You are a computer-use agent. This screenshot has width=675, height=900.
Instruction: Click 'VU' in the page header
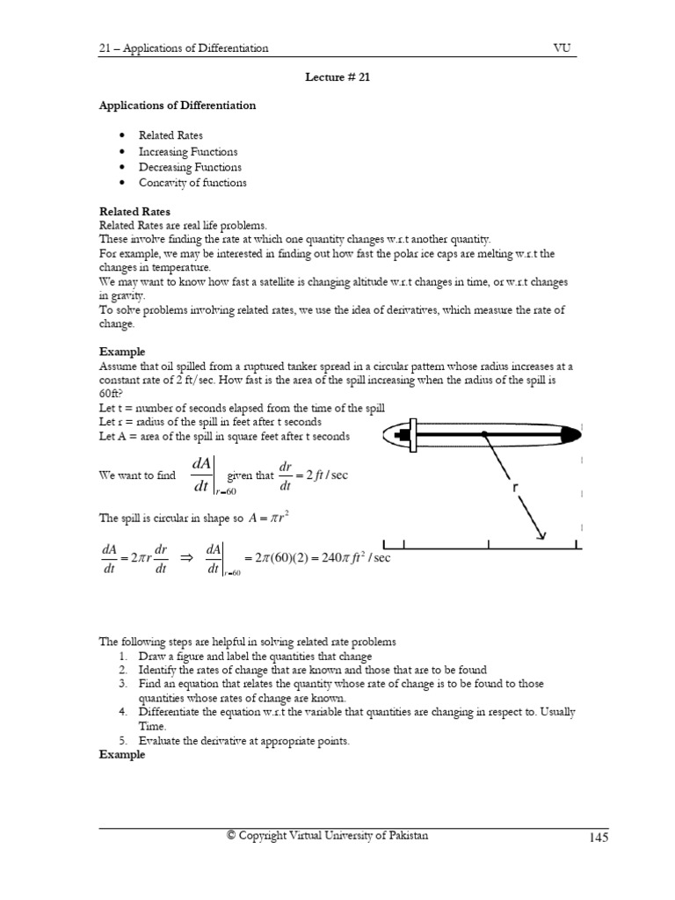pos(563,47)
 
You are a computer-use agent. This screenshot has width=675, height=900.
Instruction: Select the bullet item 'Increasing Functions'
pos(187,151)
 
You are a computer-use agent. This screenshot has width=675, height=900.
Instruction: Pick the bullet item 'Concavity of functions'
pos(192,183)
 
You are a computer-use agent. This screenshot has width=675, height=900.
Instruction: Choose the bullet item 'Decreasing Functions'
pos(190,167)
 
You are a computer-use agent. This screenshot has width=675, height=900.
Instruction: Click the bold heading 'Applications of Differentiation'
pos(177,105)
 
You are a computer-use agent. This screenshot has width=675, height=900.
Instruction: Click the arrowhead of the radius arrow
pos(542,535)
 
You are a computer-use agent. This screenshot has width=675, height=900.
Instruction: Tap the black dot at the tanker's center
pos(484,433)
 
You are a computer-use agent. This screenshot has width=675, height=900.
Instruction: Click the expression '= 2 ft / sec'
pos(323,475)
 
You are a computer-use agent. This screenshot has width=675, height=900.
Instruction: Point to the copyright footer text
pos(327,836)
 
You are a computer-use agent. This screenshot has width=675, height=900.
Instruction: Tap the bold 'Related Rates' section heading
pos(134,212)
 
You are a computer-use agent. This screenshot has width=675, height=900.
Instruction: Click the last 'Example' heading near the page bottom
pos(121,754)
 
